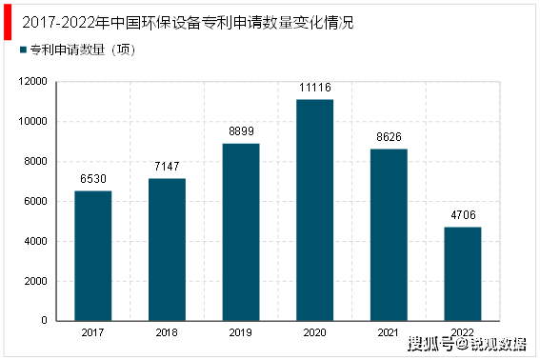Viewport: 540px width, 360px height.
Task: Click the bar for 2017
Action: pos(93,255)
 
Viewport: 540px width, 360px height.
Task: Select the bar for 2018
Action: pos(167,250)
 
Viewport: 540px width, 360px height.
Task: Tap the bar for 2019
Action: pos(241,231)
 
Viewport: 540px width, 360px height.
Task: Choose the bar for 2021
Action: pos(389,234)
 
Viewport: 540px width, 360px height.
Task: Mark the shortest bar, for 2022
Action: pos(463,273)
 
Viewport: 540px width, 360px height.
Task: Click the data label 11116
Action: pos(315,88)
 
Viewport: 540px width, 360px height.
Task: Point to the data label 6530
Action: pos(93,179)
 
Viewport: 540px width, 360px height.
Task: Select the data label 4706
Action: pos(463,215)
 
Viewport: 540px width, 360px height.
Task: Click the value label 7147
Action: pos(167,167)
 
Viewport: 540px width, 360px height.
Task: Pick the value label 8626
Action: pos(389,137)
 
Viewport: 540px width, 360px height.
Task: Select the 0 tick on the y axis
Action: pos(45,321)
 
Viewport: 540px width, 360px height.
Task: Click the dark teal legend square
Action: pos(23,50)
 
